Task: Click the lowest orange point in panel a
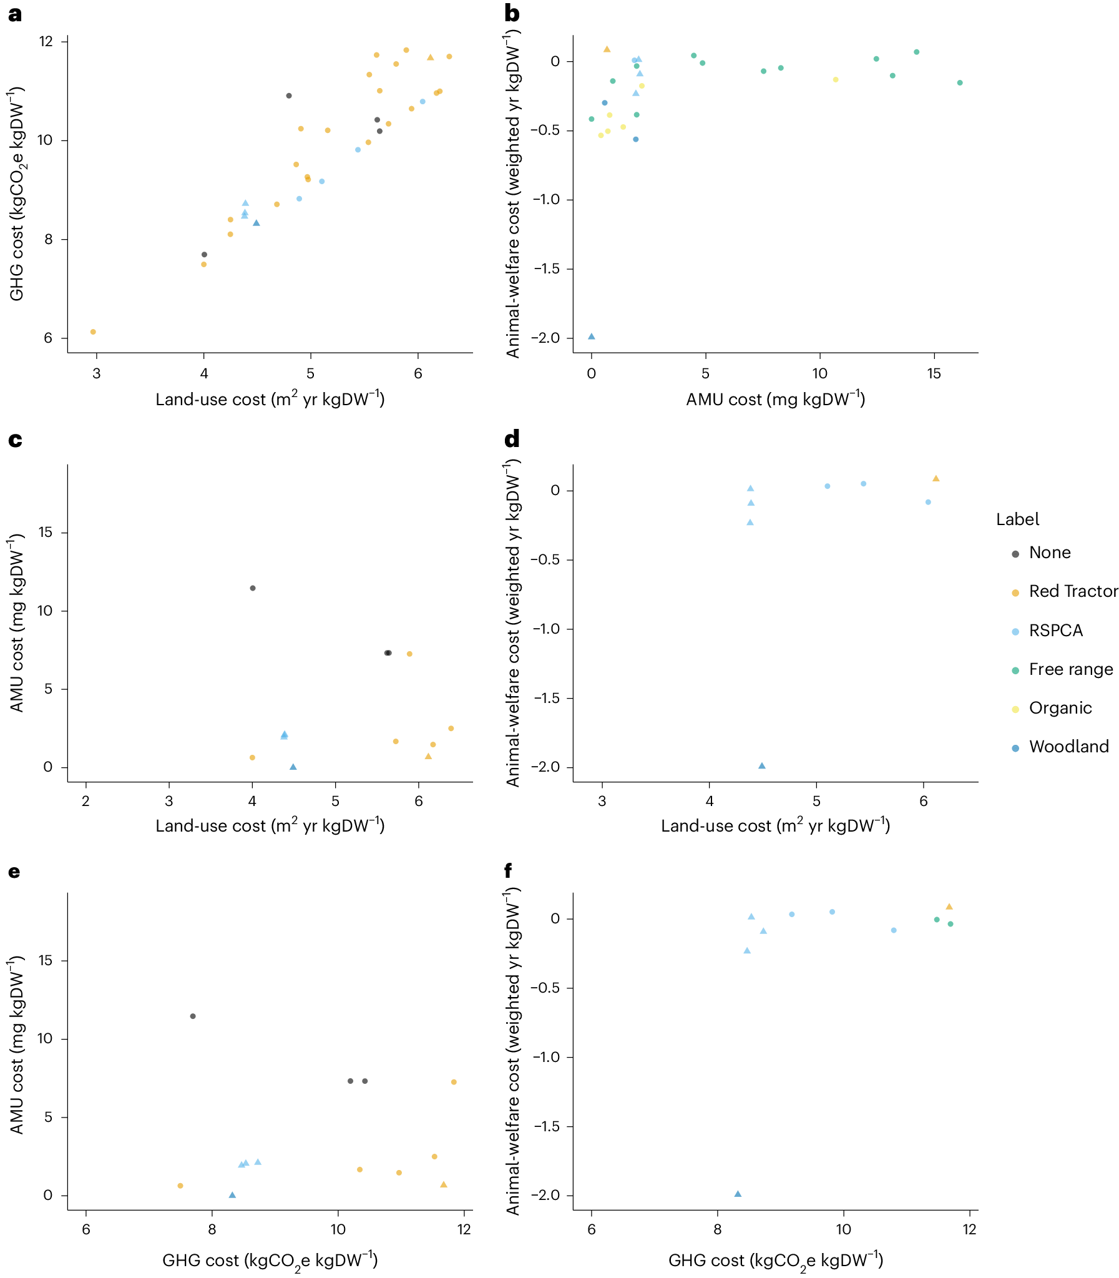pos(93,332)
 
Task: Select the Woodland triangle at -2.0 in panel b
pos(592,337)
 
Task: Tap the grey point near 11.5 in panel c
pos(253,587)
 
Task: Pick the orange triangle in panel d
pos(936,478)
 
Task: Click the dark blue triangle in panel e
pos(232,1195)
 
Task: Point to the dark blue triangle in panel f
pos(738,1194)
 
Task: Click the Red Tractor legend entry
pos(1072,591)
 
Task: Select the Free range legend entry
pos(1070,669)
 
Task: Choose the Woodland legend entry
pos(1068,747)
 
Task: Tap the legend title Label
pos(1017,519)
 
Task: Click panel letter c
pos(15,440)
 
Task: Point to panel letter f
pos(507,870)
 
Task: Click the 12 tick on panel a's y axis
pos(46,42)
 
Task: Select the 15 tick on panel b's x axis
pos(934,373)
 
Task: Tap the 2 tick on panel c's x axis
pos(86,802)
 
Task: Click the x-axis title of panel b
pos(775,399)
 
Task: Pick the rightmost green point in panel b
pos(960,82)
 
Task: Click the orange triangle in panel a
pos(430,57)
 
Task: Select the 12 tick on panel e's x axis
pos(464,1229)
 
